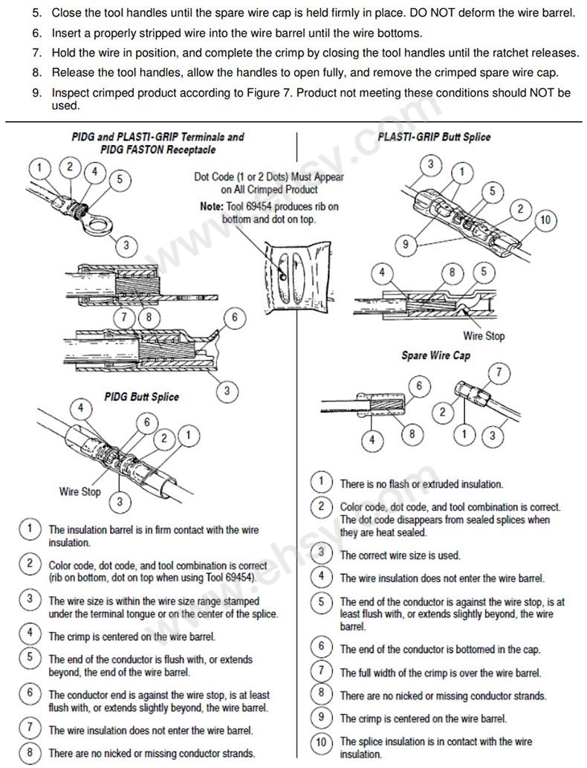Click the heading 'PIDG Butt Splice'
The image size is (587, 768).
coord(141,396)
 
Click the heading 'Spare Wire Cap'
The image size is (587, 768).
coord(435,355)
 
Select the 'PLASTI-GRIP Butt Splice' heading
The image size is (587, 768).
coord(435,137)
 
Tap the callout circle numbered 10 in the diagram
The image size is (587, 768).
coord(546,219)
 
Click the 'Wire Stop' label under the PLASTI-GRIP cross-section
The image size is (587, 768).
coord(484,336)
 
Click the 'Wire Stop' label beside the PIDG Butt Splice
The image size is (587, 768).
coord(80,491)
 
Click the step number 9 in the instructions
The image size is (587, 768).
coord(36,93)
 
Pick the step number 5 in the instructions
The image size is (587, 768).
coord(36,13)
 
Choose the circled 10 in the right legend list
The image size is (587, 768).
coord(321,741)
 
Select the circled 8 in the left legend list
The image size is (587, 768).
coord(29,752)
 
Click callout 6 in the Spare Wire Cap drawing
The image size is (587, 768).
coord(419,385)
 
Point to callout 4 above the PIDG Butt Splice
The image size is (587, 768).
coord(80,408)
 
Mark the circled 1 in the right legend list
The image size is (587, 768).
coord(321,483)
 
